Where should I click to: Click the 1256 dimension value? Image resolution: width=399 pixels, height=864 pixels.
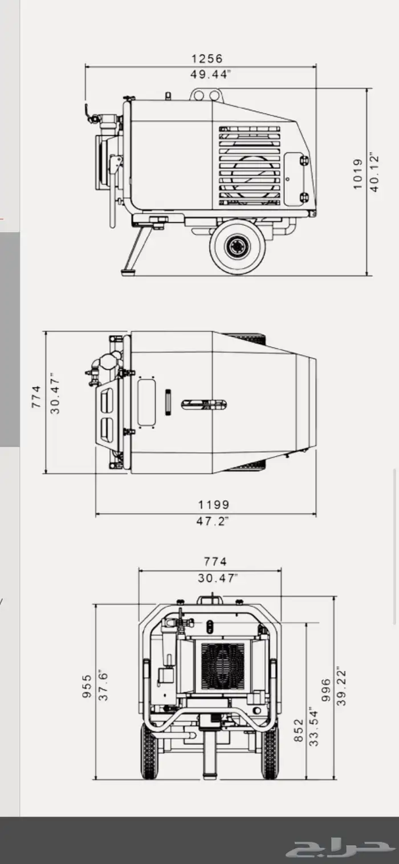tap(207, 59)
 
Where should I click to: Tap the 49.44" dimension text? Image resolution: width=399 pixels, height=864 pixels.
tap(210, 74)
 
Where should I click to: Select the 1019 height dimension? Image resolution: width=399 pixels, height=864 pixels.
tap(358, 174)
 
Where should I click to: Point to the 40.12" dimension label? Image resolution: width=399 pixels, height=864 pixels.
tap(374, 172)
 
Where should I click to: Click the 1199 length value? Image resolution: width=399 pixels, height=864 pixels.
tap(214, 505)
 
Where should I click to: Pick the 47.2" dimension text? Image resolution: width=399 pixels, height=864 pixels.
tap(213, 521)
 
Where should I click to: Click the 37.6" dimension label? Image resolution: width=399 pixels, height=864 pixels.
tap(103, 686)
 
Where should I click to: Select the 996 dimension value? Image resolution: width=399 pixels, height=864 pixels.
tap(326, 690)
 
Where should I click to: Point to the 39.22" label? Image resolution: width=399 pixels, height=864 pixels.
tap(341, 688)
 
